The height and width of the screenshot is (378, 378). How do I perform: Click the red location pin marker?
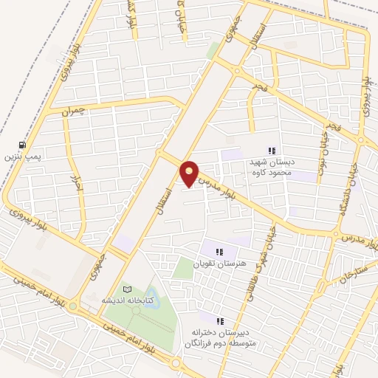coord(190,173)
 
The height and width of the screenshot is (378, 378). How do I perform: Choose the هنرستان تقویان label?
coord(219,264)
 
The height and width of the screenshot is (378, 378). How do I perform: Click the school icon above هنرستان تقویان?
coord(219,251)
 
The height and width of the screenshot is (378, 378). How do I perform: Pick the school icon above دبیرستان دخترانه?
coord(220,320)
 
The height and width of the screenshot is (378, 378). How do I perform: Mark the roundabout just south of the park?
coord(176,364)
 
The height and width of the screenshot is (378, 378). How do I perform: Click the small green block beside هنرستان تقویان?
coord(182,267)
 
